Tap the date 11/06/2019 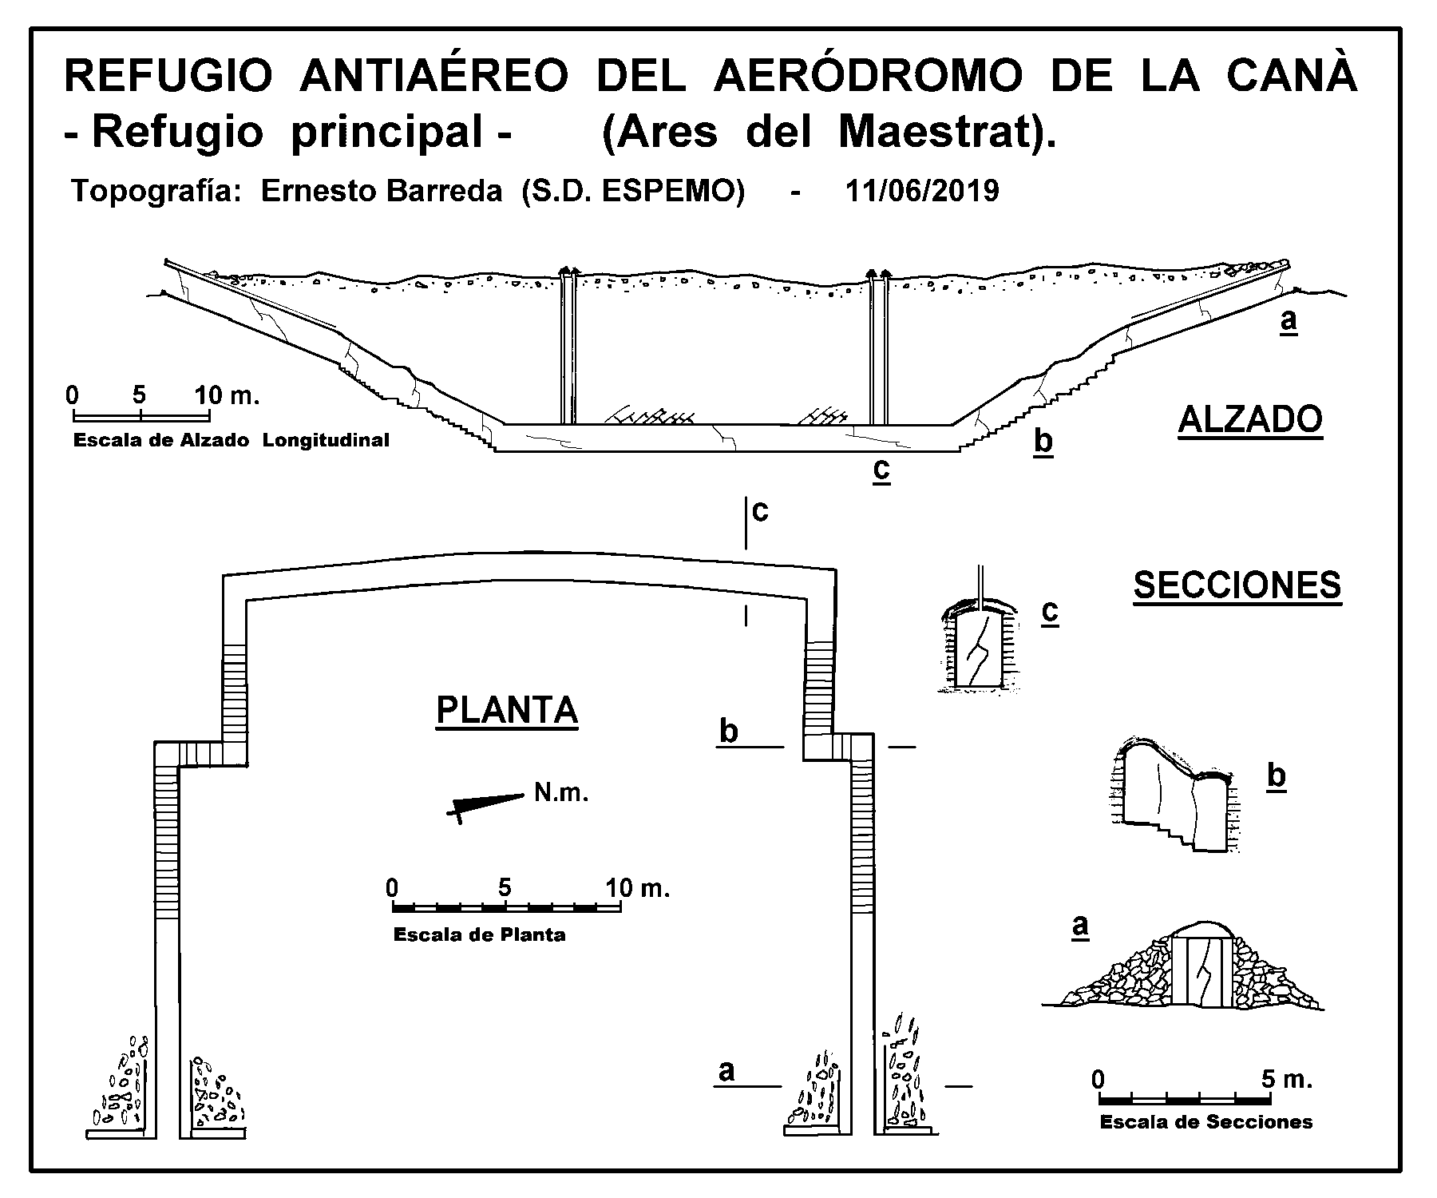click(x=921, y=192)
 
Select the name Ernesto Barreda click(x=382, y=192)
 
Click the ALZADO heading click(x=1250, y=420)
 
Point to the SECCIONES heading click(x=1237, y=585)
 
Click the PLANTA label click(x=507, y=710)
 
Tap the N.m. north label click(x=561, y=793)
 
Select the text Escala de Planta click(x=479, y=935)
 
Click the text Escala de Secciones click(x=1206, y=1122)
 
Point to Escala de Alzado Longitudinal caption click(x=231, y=440)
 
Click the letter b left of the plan click(x=728, y=732)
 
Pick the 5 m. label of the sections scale click(x=1287, y=1080)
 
